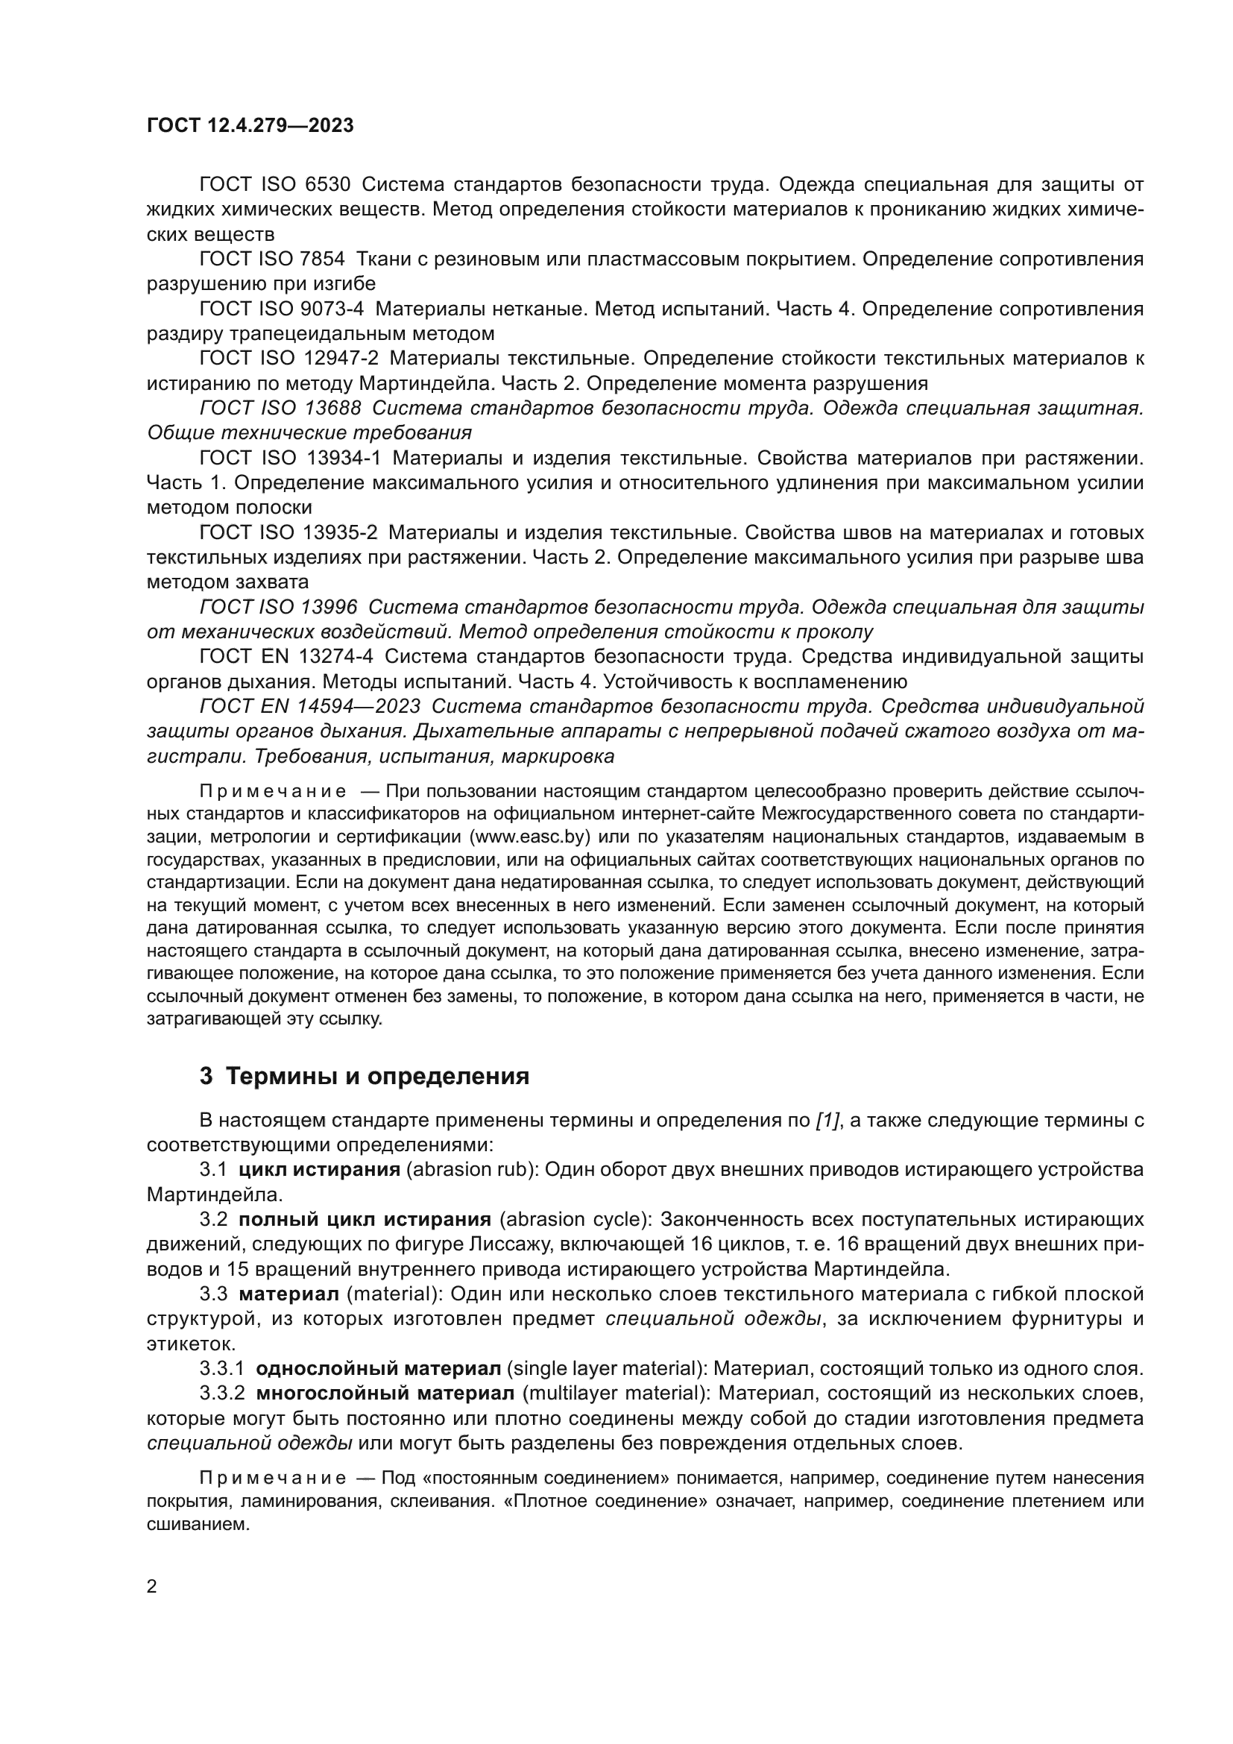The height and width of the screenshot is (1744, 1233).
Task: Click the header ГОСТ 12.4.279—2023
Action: tap(250, 125)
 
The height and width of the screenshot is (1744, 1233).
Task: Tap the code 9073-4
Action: tap(332, 309)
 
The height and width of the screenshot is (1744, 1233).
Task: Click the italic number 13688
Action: tap(332, 408)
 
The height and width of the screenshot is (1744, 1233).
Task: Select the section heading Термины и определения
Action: tap(377, 1077)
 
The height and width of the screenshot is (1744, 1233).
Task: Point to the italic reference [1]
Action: tap(827, 1121)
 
